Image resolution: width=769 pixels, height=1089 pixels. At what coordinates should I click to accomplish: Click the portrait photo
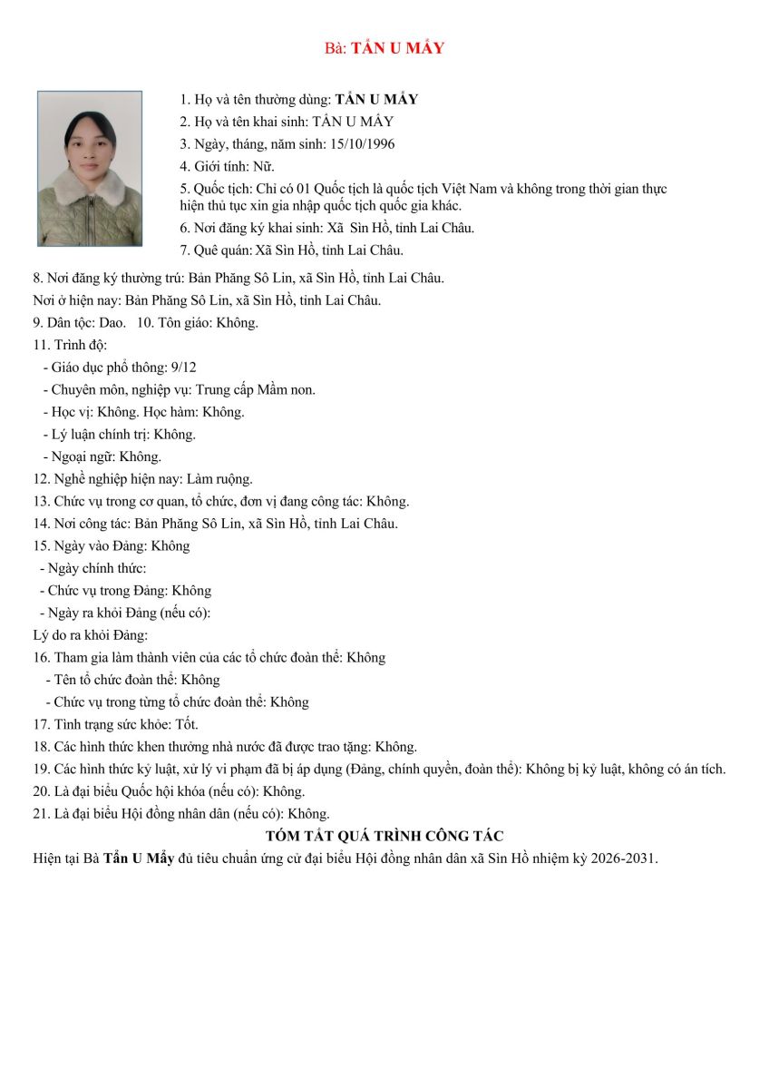pyautogui.click(x=90, y=168)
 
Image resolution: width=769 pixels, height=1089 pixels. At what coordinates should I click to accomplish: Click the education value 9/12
pyautogui.click(x=183, y=367)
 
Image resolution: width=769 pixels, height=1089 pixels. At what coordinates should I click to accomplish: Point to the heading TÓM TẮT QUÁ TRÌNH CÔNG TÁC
pyautogui.click(x=384, y=836)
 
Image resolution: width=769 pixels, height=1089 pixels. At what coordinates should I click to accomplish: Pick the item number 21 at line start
pyautogui.click(x=41, y=813)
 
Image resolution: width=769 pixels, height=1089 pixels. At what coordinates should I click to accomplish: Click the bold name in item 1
pyautogui.click(x=376, y=100)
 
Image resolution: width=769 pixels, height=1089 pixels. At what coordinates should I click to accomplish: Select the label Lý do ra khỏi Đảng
pyautogui.click(x=90, y=635)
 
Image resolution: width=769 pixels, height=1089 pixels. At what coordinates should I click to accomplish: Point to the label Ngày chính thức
pyautogui.click(x=96, y=568)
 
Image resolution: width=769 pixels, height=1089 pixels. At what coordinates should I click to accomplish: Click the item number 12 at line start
pyautogui.click(x=41, y=478)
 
